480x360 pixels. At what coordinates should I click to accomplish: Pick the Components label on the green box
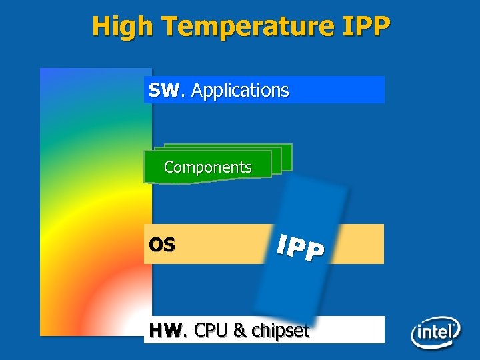coord(207,167)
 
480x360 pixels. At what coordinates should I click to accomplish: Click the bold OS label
coord(162,245)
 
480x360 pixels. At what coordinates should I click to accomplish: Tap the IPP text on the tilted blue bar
coord(301,246)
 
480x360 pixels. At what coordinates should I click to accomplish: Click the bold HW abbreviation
coord(165,330)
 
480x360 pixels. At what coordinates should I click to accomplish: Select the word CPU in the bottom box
coord(211,330)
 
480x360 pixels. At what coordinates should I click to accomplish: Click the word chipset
coord(281,330)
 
